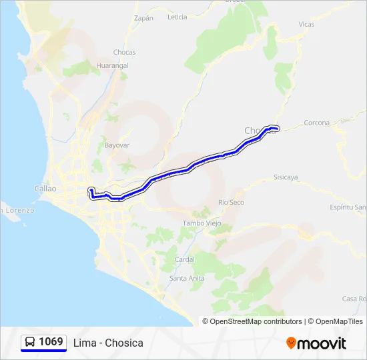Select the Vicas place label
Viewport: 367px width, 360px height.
click(x=306, y=25)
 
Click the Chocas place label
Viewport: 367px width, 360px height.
click(x=124, y=52)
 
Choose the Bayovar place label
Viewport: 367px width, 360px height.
click(x=116, y=145)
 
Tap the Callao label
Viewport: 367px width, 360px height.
click(x=45, y=189)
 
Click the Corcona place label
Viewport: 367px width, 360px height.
click(x=316, y=123)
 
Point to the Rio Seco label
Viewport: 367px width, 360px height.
click(x=232, y=202)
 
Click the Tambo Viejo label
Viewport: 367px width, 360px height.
click(x=201, y=223)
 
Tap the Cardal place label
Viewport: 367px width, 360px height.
click(x=184, y=259)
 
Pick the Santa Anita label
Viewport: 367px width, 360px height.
click(x=187, y=278)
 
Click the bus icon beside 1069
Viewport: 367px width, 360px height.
click(x=30, y=342)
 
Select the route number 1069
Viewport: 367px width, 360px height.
click(x=51, y=342)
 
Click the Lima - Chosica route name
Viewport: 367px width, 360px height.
click(x=108, y=343)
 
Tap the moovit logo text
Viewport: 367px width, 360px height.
click(x=322, y=343)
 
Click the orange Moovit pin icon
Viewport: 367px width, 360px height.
click(x=291, y=343)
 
